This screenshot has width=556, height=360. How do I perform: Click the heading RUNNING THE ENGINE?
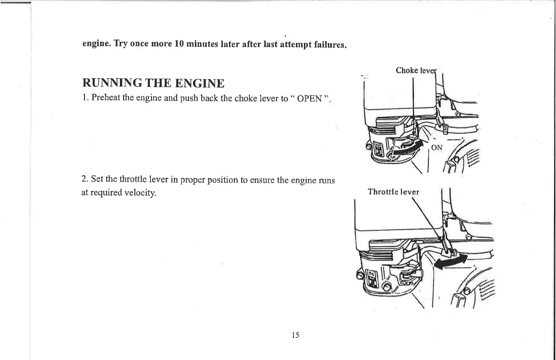153,84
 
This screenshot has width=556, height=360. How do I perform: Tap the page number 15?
295,335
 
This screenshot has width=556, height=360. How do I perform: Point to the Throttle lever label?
393,192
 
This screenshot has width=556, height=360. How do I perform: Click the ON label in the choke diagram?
437,147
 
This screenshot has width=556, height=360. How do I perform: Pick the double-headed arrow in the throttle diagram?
451,261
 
